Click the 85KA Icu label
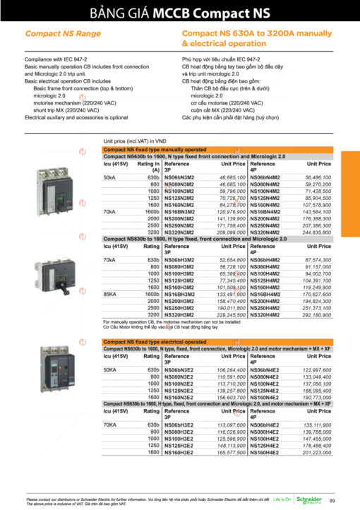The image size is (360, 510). coord(110,294)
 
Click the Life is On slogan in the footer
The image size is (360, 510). coord(282,499)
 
